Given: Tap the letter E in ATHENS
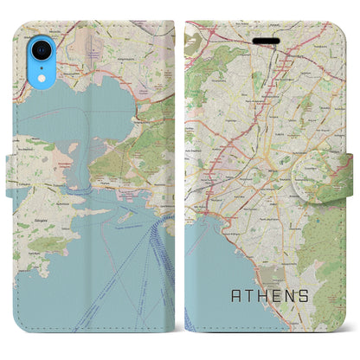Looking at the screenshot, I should (275, 296).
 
